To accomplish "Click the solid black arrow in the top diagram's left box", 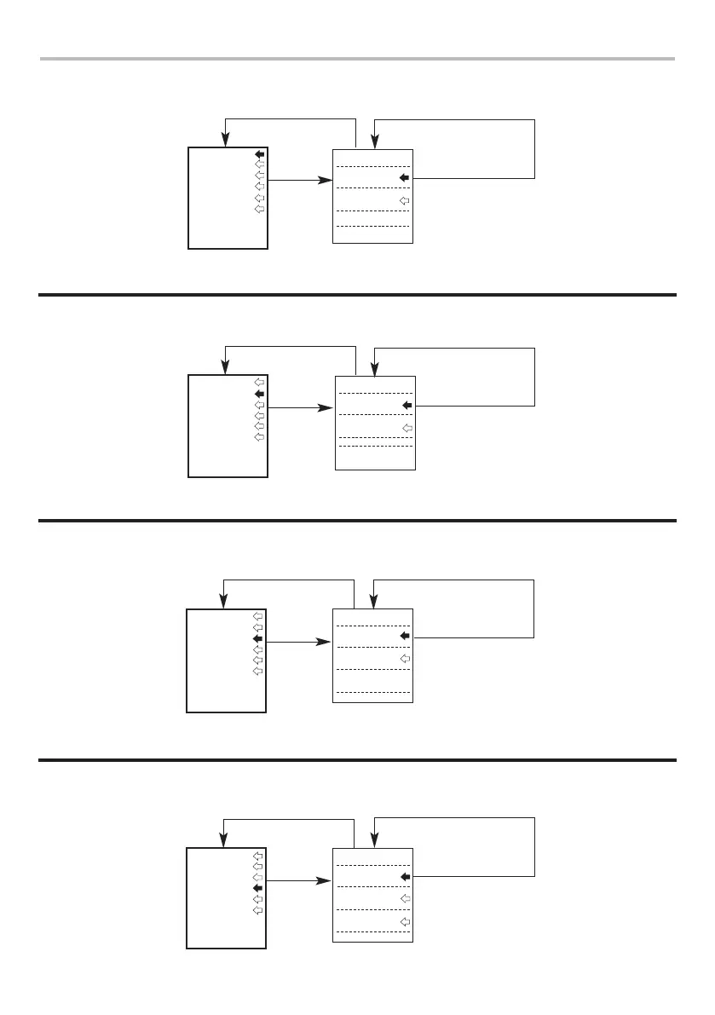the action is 260,154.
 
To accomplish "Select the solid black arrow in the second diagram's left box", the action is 260,395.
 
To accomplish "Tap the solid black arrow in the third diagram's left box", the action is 258,637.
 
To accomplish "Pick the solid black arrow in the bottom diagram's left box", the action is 258,887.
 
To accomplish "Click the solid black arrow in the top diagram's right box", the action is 405,177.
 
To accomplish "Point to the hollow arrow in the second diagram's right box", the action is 407,428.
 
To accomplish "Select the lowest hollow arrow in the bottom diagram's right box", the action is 405,922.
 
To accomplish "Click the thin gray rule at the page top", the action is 357,59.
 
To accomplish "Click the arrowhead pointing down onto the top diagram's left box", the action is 225,140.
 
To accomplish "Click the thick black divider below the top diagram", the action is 357,295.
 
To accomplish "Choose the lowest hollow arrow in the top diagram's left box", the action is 260,209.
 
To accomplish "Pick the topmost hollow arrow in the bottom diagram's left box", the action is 258,854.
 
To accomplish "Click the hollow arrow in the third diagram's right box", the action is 405,659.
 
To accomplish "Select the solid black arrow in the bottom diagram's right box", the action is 405,876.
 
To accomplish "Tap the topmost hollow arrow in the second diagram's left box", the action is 260,383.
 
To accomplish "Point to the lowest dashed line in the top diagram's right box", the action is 373,227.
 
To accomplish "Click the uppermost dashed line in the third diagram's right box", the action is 373,626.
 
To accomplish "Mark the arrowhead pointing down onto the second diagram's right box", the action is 374,370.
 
